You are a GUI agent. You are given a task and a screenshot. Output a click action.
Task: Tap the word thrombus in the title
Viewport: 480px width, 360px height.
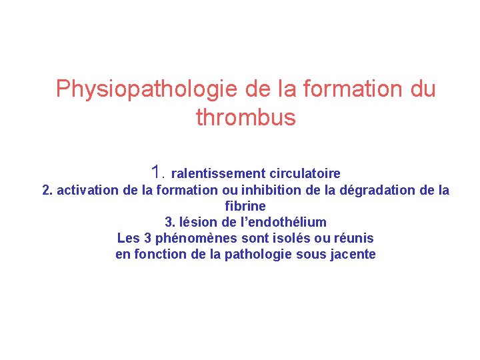point(245,118)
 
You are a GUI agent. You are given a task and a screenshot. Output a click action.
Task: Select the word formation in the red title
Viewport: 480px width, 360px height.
point(342,89)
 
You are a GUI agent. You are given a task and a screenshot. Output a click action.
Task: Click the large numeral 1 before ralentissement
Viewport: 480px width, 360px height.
point(157,171)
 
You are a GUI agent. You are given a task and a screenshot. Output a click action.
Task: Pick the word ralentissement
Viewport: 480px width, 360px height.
point(219,174)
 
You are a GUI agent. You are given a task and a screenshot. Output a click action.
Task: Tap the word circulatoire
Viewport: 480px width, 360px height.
point(305,174)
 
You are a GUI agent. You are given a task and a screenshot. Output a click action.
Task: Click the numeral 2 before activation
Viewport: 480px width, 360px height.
point(46,191)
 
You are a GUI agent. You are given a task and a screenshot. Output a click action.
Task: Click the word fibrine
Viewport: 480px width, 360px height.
point(245,207)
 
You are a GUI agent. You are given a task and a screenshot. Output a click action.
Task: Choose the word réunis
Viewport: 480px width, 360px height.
point(353,238)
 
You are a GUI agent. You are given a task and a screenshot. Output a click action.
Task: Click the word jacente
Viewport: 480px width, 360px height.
point(353,254)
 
